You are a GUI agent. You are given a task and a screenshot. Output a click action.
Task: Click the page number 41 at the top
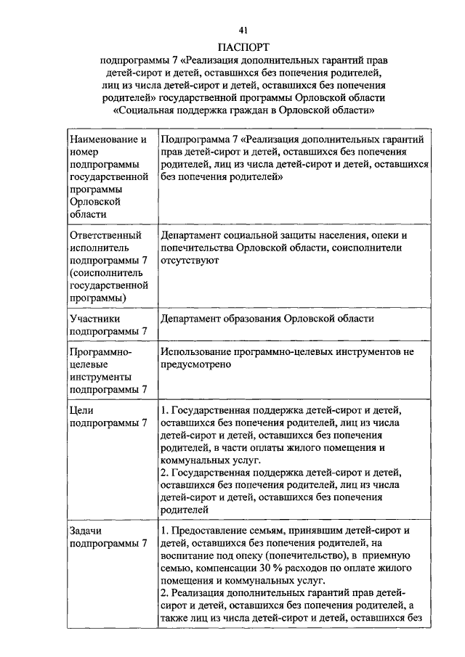coord(243,30)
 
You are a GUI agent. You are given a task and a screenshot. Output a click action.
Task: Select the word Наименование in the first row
coord(102,138)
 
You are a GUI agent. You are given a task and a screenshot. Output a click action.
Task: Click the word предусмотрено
coord(195,364)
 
